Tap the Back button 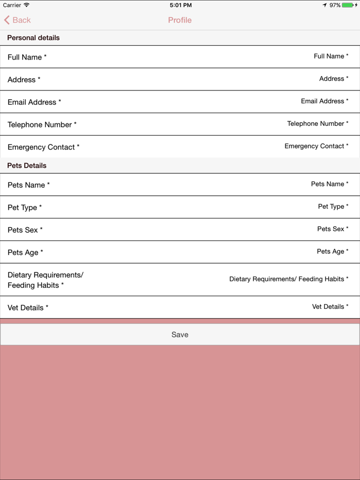17,20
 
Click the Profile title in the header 180,20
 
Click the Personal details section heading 33,38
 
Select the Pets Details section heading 27,165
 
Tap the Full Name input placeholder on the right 331,57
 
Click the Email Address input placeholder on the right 325,101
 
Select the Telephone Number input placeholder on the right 317,124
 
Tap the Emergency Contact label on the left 43,147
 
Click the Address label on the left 24,80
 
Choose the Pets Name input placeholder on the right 329,184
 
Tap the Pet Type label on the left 25,208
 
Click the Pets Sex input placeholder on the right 332,229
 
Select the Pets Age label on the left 25,252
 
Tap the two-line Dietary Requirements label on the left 45,280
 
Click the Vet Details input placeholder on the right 330,307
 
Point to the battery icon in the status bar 348,5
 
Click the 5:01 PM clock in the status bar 180,5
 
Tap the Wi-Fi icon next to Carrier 27,5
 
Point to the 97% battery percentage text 335,5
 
